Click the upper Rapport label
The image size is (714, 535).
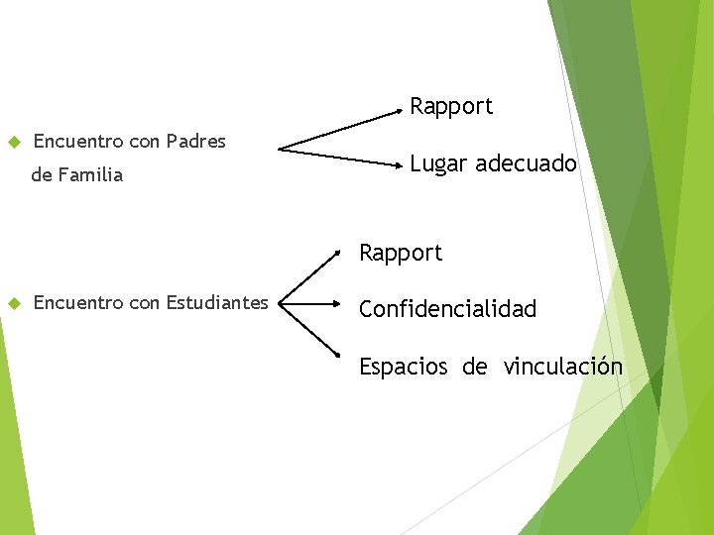click(x=451, y=107)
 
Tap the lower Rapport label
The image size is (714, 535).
click(x=401, y=254)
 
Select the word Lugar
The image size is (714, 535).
click(x=438, y=164)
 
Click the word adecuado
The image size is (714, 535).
click(x=526, y=163)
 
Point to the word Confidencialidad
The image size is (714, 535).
click(x=447, y=309)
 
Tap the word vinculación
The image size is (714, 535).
click(x=562, y=368)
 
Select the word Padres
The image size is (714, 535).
click(x=196, y=142)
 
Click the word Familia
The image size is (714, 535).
click(x=90, y=176)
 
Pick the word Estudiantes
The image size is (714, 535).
click(x=217, y=302)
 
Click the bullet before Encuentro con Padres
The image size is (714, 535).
click(x=14, y=142)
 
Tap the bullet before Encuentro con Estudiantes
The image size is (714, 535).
click(x=14, y=302)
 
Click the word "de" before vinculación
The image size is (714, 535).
click(x=474, y=368)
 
